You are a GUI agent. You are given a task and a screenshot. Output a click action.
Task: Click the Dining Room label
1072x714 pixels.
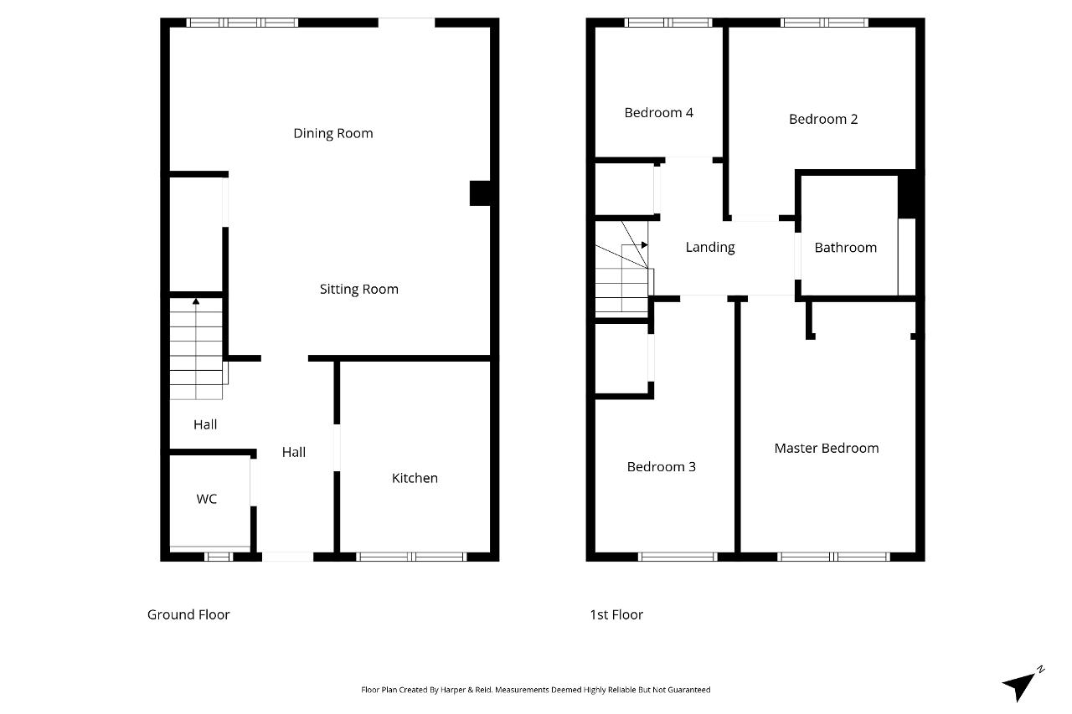click(333, 133)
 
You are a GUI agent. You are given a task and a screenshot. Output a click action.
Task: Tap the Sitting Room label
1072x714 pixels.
click(359, 290)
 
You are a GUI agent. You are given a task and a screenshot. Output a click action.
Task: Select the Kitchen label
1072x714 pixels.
click(415, 478)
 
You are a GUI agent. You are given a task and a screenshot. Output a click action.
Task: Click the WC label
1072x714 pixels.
click(207, 499)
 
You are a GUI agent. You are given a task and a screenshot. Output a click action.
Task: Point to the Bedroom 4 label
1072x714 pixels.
click(658, 113)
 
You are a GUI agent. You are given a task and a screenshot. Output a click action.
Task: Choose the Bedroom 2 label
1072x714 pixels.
click(823, 119)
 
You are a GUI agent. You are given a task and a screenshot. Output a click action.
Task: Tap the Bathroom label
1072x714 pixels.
click(846, 248)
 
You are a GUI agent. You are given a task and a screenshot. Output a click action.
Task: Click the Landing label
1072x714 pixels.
click(710, 247)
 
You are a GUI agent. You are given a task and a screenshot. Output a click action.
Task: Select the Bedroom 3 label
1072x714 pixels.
click(662, 467)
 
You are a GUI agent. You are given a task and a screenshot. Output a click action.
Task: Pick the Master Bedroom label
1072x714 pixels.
click(827, 448)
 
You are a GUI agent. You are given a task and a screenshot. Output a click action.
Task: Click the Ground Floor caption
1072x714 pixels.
click(188, 614)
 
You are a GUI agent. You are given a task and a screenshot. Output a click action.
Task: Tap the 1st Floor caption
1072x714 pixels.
click(616, 614)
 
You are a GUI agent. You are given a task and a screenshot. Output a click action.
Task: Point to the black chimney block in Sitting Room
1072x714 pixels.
click(480, 193)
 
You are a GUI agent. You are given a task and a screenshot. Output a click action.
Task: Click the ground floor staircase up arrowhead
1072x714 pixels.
click(196, 301)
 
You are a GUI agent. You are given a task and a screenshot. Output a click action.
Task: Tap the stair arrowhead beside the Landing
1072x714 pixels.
click(645, 245)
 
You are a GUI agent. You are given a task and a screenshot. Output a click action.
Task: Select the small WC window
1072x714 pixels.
click(219, 557)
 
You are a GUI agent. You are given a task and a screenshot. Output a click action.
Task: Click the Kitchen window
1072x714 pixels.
click(411, 557)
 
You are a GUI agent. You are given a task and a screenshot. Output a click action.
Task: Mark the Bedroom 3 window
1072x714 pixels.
click(678, 557)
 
